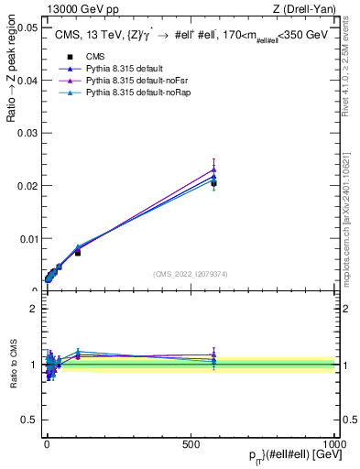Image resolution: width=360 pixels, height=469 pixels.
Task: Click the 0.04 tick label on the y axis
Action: (27, 81)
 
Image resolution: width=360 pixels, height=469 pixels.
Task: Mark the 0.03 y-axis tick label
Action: (27, 133)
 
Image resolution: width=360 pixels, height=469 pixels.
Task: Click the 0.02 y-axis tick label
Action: (27, 186)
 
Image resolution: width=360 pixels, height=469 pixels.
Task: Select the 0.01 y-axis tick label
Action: (27, 238)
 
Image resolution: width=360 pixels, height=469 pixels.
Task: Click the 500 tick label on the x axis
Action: (191, 442)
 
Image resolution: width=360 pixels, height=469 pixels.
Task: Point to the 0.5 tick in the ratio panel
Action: (32, 420)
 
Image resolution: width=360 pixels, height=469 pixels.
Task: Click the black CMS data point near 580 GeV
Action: (213, 184)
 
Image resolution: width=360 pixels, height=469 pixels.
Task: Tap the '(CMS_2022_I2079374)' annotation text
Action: (189, 273)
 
